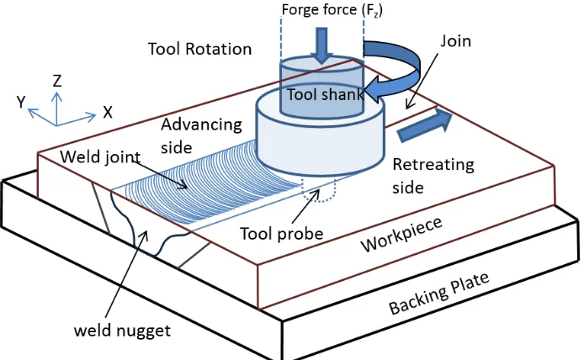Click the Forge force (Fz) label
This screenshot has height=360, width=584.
pos(332,10)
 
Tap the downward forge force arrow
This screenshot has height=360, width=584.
pos(321,45)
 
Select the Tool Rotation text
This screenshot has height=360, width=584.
pos(199,49)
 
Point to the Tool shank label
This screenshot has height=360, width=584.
pos(325,94)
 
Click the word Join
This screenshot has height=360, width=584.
pos(455,41)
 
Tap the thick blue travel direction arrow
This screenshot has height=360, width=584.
pos(425,125)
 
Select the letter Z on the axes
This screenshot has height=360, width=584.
pos(57,81)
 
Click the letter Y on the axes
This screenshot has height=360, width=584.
pos(21,102)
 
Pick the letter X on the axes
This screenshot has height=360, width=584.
pos(108,112)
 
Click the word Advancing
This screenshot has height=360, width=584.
pos(201,124)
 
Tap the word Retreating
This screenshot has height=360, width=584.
pos(433,165)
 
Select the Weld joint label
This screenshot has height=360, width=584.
pos(100,157)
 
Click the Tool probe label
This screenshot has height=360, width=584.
pos(282,234)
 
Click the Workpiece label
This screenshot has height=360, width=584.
pos(401,235)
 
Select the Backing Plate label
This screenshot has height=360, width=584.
pos(438,294)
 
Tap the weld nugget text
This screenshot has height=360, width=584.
pos(122,331)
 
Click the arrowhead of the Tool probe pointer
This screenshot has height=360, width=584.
pos(317,192)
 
